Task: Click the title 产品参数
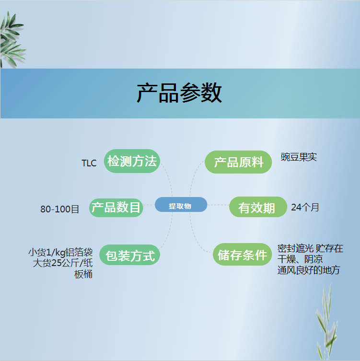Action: (179, 93)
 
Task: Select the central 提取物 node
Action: (181, 204)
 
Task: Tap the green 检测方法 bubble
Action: (132, 161)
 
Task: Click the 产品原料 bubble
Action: (238, 162)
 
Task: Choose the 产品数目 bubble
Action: (116, 208)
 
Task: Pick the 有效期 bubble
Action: (258, 207)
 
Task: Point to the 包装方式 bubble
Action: (129, 255)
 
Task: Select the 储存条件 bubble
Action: (243, 254)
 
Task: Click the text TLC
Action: (89, 163)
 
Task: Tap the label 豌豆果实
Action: (299, 157)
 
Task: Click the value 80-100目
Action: (59, 209)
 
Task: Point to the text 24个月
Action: (305, 207)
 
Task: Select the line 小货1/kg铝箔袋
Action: (60, 252)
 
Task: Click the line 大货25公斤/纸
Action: (63, 263)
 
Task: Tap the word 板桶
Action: (83, 274)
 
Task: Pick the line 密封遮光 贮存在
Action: (310, 248)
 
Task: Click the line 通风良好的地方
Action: (309, 270)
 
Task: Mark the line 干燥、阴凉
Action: (300, 259)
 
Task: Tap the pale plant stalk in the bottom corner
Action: (326, 322)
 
